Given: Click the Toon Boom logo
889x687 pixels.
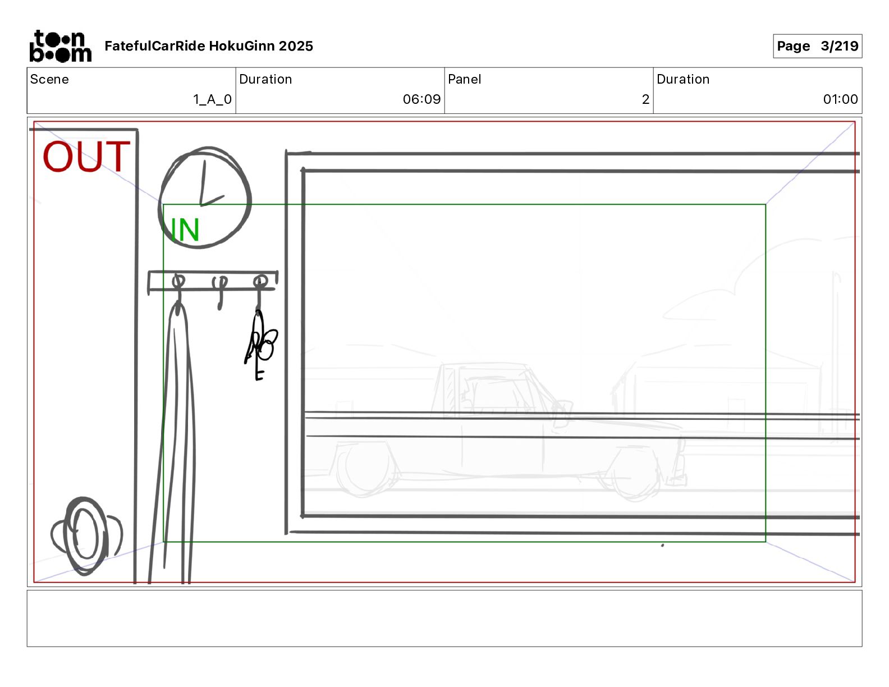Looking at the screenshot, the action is (61, 46).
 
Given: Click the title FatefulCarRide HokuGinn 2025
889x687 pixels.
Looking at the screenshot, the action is (209, 46).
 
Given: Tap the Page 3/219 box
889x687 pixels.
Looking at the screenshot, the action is (817, 46).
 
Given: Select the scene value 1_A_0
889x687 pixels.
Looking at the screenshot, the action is (212, 99).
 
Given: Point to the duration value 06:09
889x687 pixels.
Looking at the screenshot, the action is (421, 99).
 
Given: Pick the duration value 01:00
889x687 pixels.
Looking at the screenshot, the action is (840, 99).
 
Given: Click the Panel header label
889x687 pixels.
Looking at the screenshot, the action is (464, 79).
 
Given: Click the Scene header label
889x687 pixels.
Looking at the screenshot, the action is (49, 79).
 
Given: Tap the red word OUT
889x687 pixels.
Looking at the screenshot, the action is (86, 156).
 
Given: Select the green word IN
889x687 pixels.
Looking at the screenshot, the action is (185, 230).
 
